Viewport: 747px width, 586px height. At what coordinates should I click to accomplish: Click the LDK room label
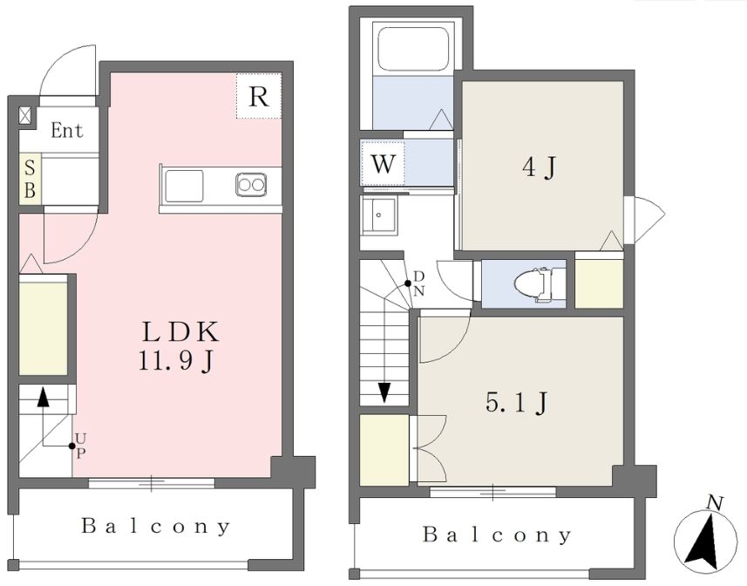180,331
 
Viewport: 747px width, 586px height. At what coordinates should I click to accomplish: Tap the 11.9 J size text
175,361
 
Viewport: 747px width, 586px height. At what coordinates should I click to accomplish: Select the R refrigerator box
259,96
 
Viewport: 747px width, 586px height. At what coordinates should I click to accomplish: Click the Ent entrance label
67,130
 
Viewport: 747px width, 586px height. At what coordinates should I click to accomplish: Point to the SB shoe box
30,179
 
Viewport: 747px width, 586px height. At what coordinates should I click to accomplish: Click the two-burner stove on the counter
250,184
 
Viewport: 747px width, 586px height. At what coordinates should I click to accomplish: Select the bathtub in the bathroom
413,49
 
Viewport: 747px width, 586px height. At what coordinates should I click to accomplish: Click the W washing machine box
383,162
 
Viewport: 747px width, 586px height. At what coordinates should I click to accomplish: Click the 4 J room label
539,167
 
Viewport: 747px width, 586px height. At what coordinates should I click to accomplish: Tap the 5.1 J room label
515,403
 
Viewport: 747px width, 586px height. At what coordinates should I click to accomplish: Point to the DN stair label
418,283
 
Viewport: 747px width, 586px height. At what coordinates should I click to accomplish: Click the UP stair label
81,446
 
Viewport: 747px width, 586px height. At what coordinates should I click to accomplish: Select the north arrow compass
704,536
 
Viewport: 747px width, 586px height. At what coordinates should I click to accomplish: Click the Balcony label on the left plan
156,526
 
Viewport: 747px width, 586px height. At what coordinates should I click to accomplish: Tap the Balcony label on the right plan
497,535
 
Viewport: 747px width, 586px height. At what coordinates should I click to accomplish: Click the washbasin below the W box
379,215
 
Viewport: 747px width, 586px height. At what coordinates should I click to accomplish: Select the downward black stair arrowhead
384,392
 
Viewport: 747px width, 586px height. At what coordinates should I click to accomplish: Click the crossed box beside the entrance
24,115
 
